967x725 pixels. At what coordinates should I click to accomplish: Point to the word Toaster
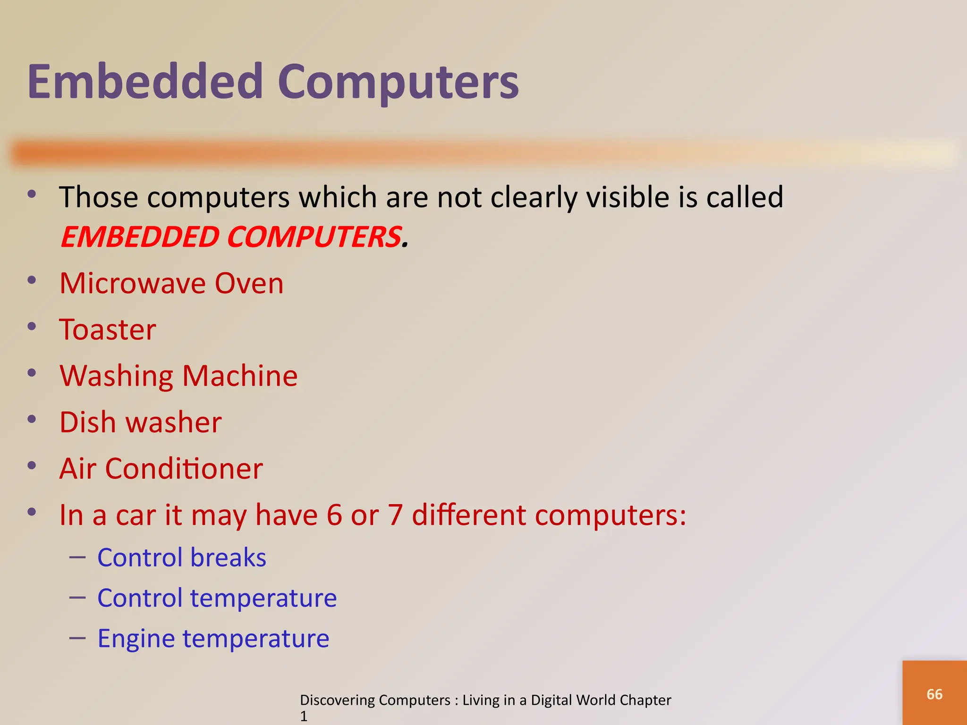[x=108, y=329]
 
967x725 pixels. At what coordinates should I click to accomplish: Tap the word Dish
[x=88, y=422]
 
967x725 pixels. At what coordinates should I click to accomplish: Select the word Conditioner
[x=184, y=469]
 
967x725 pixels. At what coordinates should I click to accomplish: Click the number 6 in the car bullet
[x=334, y=515]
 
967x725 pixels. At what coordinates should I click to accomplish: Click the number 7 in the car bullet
[x=395, y=515]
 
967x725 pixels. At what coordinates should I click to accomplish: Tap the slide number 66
[x=934, y=694]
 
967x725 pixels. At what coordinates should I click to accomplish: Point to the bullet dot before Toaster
[x=32, y=327]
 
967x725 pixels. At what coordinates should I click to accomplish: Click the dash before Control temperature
[x=77, y=598]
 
